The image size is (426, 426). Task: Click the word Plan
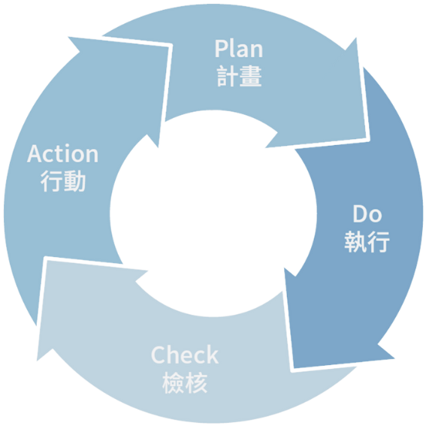pyautogui.click(x=239, y=49)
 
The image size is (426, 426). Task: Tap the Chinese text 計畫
pyautogui.click(x=239, y=76)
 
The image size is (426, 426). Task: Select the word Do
pyautogui.click(x=367, y=214)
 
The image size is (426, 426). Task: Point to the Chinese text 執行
pyautogui.click(x=367, y=242)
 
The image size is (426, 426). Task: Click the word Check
pyautogui.click(x=184, y=355)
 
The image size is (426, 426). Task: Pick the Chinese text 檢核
pyautogui.click(x=184, y=383)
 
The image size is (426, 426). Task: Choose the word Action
pyautogui.click(x=63, y=154)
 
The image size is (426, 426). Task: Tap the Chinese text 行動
pyautogui.click(x=63, y=181)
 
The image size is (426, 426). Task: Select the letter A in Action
pyautogui.click(x=35, y=154)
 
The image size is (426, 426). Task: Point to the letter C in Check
pyautogui.click(x=159, y=355)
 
